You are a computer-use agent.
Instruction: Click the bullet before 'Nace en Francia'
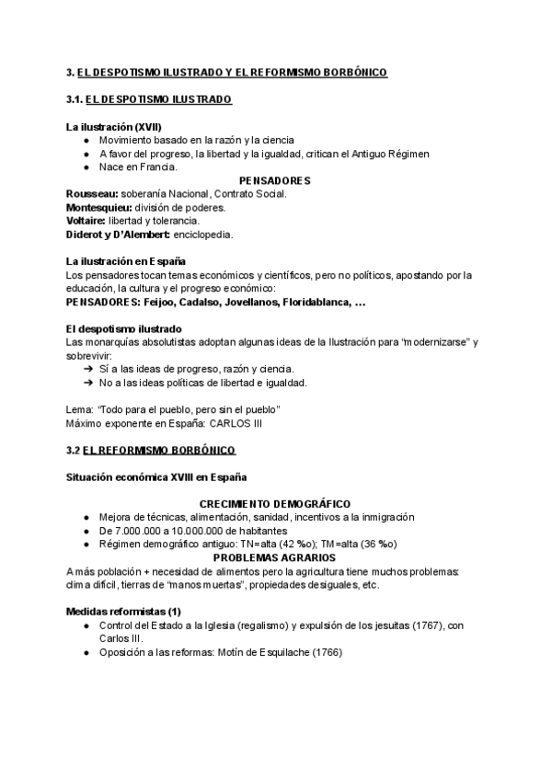pyautogui.click(x=86, y=167)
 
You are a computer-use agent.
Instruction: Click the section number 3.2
pyautogui.click(x=74, y=450)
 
